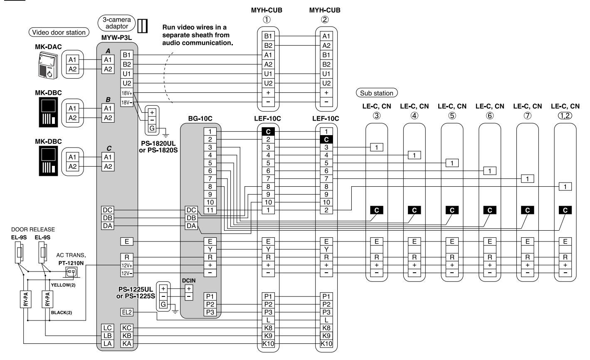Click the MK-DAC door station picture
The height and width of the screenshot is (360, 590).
[48, 65]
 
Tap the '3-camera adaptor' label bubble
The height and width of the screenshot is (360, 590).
[116, 23]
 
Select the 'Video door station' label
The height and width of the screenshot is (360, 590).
[59, 32]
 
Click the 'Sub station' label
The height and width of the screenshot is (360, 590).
[377, 93]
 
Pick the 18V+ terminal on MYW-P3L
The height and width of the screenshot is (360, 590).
[127, 93]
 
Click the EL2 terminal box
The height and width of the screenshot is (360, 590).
[127, 312]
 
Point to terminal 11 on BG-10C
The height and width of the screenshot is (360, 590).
[210, 210]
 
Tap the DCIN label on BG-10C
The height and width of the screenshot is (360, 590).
[189, 281]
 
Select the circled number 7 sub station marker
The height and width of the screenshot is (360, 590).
[528, 116]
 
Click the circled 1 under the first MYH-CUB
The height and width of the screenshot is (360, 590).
[267, 20]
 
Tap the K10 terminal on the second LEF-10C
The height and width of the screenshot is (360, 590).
[326, 344]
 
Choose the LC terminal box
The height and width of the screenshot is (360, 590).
[107, 328]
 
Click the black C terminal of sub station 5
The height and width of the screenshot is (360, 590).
[452, 210]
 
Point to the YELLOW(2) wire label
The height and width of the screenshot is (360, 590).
[63, 285]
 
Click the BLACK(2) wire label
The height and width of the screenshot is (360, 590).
[62, 313]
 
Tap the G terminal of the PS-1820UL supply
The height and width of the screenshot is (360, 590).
[152, 128]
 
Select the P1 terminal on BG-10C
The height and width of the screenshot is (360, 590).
[210, 296]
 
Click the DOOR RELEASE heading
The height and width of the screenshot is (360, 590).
[33, 229]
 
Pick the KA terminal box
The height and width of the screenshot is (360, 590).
[127, 344]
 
